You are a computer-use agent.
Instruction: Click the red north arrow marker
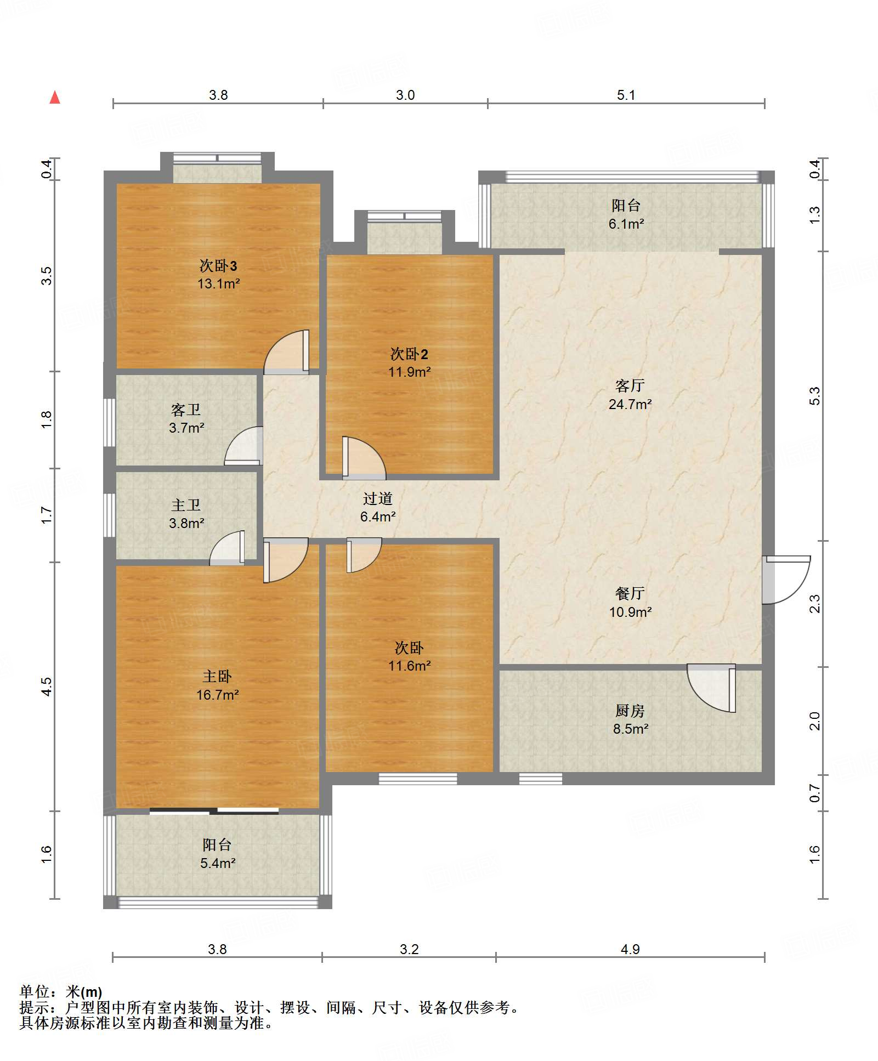[x=55, y=98]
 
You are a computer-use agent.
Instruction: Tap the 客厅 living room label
[x=630, y=386]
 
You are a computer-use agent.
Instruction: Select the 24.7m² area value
[x=630, y=404]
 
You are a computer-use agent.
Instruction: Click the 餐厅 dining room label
[x=630, y=593]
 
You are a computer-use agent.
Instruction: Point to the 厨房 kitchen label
[x=630, y=711]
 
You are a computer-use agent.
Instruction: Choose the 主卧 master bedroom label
[x=217, y=677]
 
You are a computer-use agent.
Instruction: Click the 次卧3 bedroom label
[x=218, y=266]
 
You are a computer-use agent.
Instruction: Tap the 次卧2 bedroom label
[x=409, y=354]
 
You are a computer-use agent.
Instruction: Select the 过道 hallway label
[x=378, y=498]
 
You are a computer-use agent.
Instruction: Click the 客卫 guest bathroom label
[x=186, y=410]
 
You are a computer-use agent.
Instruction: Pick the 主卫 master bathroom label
[x=186, y=505]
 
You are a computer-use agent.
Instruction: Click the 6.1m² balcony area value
[x=626, y=224]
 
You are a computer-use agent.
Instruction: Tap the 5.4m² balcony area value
[x=218, y=863]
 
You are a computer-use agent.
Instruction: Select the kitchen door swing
[x=711, y=688]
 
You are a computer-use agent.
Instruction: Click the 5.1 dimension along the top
[x=626, y=95]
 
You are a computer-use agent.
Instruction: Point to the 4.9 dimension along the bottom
[x=630, y=949]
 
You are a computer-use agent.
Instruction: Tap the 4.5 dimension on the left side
[x=47, y=686]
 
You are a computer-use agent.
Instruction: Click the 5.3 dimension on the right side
[x=815, y=396]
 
